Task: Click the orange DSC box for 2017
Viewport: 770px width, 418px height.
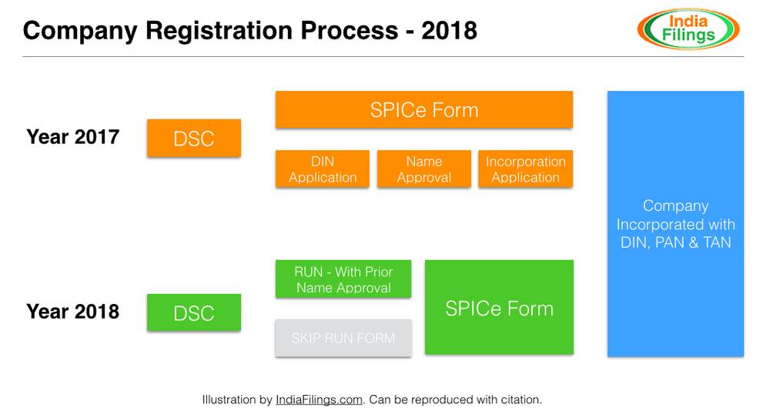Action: (x=194, y=139)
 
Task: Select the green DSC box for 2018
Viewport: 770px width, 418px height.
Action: (x=194, y=313)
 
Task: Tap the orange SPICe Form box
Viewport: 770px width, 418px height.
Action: (x=424, y=109)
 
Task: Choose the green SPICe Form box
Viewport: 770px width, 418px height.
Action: (x=499, y=308)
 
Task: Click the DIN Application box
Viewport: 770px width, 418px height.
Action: (x=323, y=169)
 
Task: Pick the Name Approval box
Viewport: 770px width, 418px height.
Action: (x=424, y=169)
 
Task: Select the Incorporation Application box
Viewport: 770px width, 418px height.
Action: (x=526, y=169)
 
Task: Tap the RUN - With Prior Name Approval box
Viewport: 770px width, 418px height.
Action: (x=343, y=279)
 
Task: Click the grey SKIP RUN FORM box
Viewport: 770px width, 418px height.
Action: (x=343, y=338)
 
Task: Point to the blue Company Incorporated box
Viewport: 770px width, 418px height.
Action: (x=675, y=223)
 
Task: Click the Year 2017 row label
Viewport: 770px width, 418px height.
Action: (x=73, y=137)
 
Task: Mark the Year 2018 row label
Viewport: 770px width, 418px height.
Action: (x=73, y=311)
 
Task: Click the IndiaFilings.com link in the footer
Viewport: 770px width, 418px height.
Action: (x=319, y=400)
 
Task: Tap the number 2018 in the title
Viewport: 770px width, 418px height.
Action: (x=449, y=30)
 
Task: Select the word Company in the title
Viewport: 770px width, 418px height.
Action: (x=80, y=30)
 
